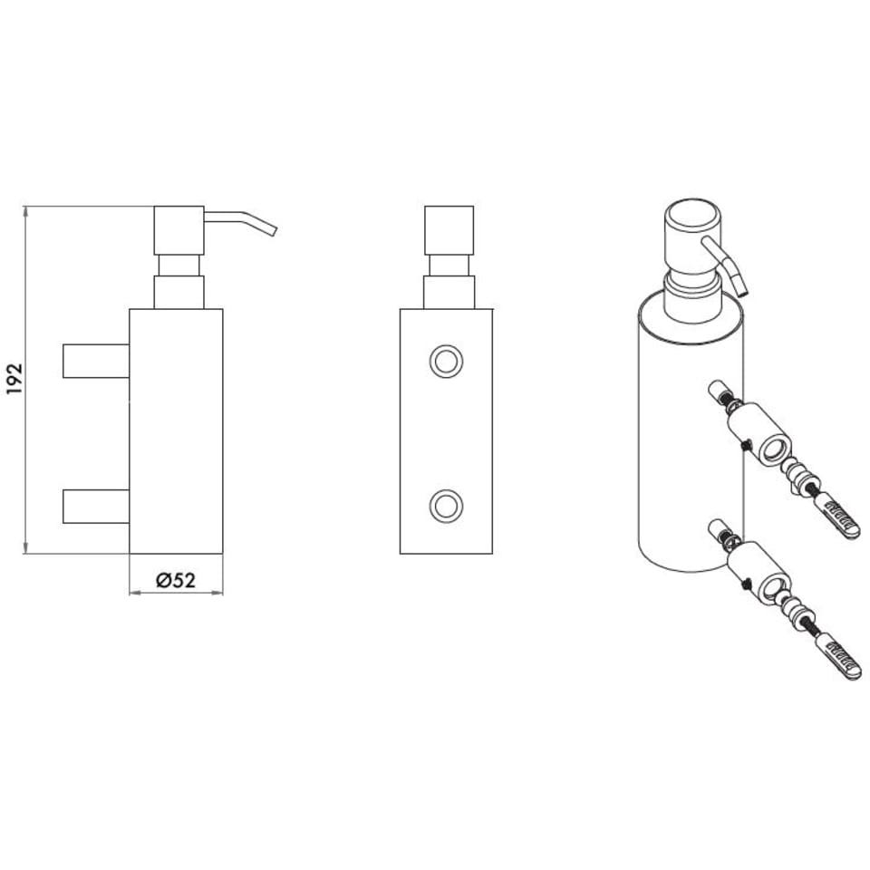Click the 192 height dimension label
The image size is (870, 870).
(x=14, y=379)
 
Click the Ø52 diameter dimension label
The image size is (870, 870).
(x=176, y=580)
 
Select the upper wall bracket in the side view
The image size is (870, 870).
(x=96, y=362)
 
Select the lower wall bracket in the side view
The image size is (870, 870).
(x=96, y=507)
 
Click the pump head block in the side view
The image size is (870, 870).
(x=179, y=230)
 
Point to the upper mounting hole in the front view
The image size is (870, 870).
(x=446, y=362)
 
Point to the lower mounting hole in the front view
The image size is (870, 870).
(x=446, y=506)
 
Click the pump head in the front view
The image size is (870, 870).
(x=449, y=230)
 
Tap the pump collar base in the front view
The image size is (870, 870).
(x=449, y=293)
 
